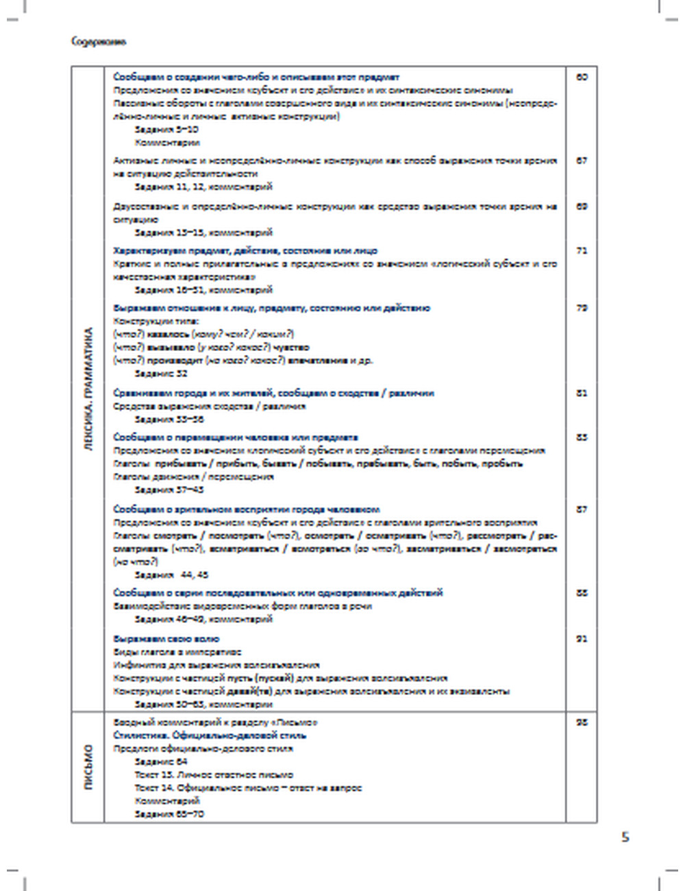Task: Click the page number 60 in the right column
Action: click(582, 77)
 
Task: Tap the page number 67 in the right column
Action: click(582, 160)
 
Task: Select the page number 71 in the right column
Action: click(582, 251)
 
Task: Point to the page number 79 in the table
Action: click(582, 308)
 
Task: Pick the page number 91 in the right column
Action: click(582, 639)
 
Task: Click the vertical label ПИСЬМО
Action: click(88, 767)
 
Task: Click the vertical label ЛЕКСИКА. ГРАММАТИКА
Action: click(88, 389)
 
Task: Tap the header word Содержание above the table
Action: click(99, 42)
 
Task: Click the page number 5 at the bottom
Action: click(625, 837)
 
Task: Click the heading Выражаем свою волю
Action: click(166, 639)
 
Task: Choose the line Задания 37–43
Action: click(169, 490)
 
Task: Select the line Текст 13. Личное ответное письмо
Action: click(214, 774)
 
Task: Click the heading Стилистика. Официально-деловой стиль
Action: click(210, 735)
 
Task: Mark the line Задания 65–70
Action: click(169, 814)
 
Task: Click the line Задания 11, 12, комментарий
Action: click(203, 186)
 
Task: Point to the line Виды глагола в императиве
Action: click(177, 652)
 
